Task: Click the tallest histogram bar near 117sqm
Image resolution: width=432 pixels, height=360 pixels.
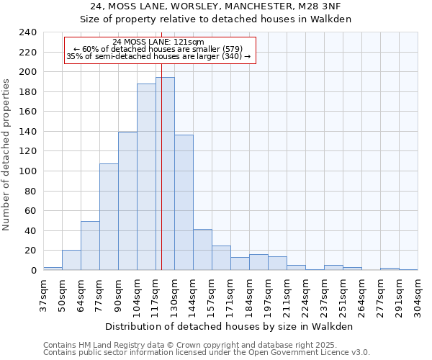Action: [165, 174]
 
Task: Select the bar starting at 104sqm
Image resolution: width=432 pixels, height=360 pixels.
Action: [146, 176]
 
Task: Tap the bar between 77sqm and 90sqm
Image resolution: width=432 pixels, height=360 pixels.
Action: [109, 217]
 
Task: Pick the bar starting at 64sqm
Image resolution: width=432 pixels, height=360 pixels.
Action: [90, 246]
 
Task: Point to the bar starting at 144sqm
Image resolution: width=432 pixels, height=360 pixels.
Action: [202, 249]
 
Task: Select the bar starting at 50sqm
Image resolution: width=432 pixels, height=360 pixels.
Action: [71, 260]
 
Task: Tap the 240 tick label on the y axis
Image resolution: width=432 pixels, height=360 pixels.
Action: [27, 32]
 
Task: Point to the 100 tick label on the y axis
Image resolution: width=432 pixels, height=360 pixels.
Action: [27, 171]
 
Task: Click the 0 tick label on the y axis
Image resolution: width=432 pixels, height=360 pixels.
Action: [33, 270]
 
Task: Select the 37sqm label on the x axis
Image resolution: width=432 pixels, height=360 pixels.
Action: [44, 294]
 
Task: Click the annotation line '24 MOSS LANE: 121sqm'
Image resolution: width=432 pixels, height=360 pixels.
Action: [159, 42]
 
